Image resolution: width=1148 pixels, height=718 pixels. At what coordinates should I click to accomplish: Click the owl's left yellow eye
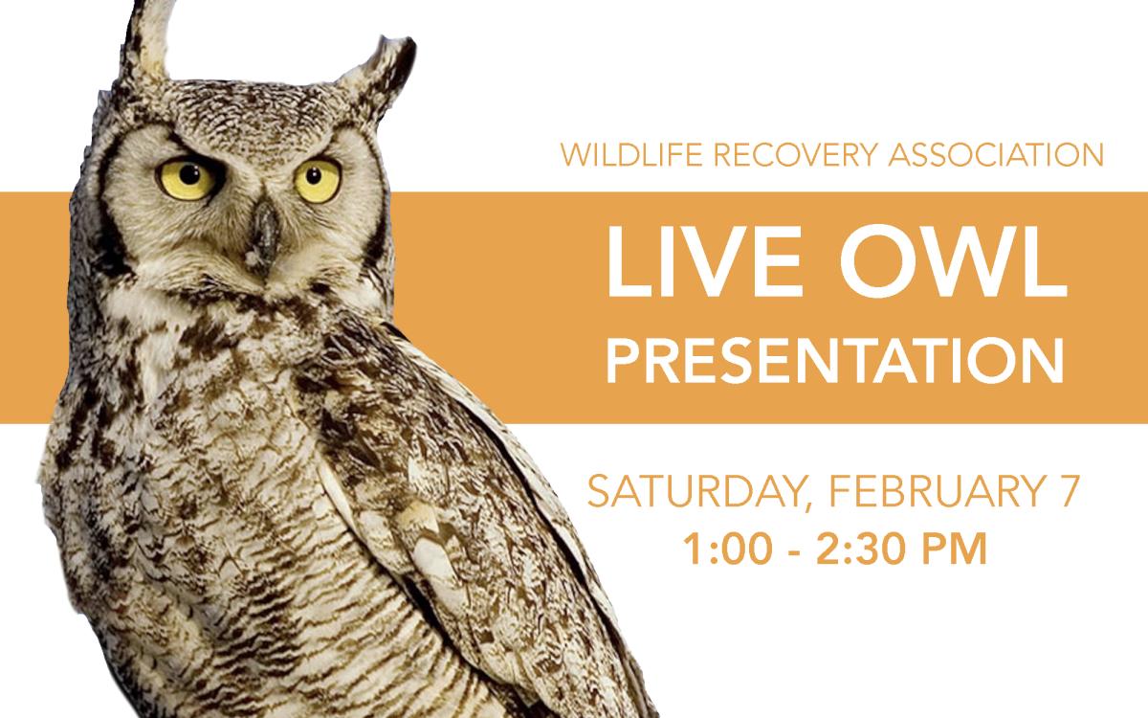(187, 178)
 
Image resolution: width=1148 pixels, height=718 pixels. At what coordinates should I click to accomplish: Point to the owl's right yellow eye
(318, 180)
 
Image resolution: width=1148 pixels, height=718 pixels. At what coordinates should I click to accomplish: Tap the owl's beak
(264, 233)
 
